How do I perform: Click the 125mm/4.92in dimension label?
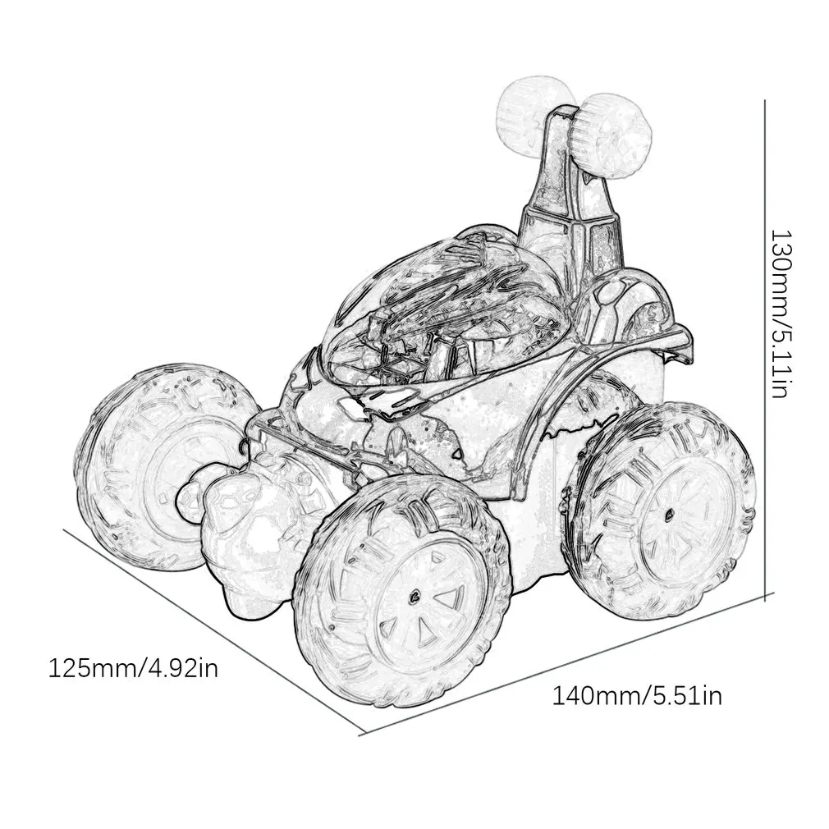[133, 668]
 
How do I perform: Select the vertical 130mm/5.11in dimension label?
[781, 314]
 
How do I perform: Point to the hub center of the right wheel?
[670, 514]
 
